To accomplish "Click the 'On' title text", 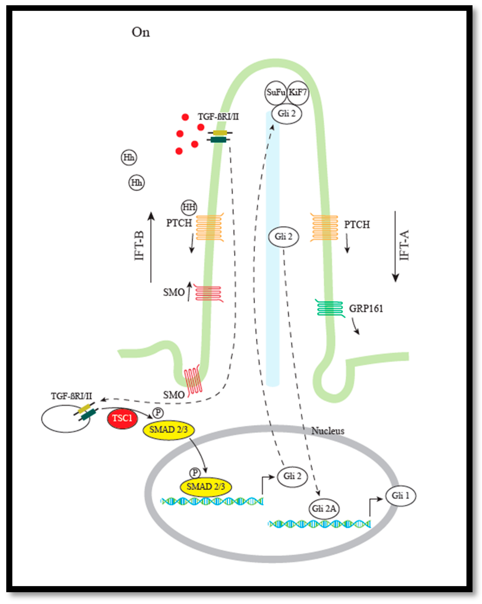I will coord(140,32).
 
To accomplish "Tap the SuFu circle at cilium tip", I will coord(275,92).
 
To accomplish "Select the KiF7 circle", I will coord(298,92).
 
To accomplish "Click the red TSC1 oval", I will coord(122,418).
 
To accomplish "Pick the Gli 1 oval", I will coord(400,496).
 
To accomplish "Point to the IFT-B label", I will coord(139,246).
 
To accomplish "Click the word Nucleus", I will coord(328,431).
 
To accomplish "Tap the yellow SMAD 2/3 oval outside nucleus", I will coord(168,430).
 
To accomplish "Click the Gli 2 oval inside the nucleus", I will coord(292,476).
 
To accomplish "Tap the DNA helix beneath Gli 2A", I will coord(319,524).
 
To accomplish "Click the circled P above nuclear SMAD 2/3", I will coord(195,473).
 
